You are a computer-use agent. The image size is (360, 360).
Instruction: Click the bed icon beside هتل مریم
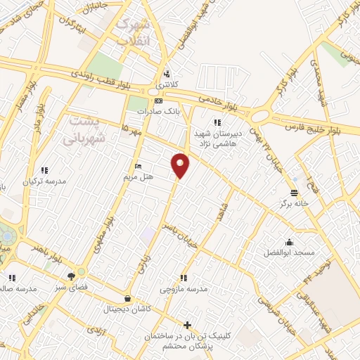coord(138,167)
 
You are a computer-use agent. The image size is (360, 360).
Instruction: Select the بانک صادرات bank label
coord(155,111)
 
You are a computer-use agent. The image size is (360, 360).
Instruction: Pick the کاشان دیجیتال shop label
coord(127,309)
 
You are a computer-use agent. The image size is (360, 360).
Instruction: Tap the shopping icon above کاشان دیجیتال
coord(127,298)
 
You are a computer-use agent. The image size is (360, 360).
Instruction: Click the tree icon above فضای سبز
coord(70,276)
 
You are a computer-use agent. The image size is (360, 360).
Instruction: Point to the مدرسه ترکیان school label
coord(44,181)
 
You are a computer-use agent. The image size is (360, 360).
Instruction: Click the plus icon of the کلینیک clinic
coord(186,325)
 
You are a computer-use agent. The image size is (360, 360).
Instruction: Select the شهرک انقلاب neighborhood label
coord(133,32)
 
